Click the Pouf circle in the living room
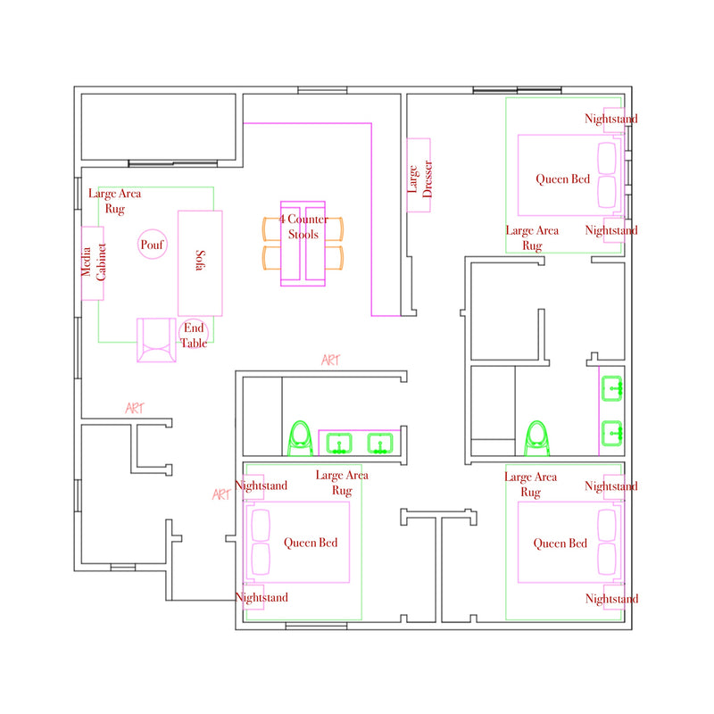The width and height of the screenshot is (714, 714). pos(152,230)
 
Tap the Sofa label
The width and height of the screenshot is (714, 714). pos(200,260)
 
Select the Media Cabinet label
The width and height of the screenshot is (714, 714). pos(94,262)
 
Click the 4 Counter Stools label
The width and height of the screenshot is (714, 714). pos(303,227)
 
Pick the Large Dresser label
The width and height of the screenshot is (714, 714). pos(419,178)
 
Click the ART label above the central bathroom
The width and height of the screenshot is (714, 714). pos(330,361)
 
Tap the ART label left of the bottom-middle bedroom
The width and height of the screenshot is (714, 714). pos(221,494)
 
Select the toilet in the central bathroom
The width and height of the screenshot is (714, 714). pos(300,438)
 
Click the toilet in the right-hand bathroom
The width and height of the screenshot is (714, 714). pos(537,438)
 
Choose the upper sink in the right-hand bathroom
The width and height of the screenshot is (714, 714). pos(611,389)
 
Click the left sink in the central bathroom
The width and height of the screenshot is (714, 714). pos(339,444)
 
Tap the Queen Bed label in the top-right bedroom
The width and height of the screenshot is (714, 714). pos(562,179)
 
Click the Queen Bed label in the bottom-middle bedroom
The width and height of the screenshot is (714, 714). pos(311,543)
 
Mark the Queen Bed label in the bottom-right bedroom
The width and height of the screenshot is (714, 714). pos(560,544)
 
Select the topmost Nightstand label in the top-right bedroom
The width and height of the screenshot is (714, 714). pos(611,119)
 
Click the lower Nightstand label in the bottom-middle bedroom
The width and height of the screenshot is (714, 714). pos(262,597)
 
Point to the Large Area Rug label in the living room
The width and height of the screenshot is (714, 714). pos(115,201)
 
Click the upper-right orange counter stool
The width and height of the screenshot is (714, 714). pos(335,229)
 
